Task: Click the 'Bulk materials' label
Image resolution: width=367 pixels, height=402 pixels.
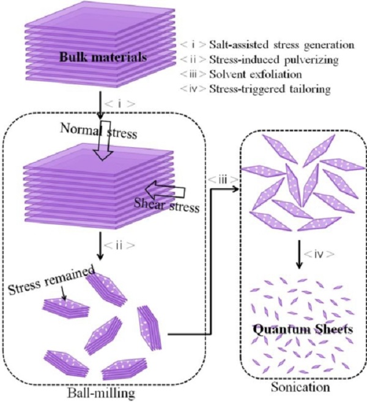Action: coord(103,57)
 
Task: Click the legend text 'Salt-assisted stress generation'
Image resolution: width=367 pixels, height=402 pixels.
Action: coord(282,45)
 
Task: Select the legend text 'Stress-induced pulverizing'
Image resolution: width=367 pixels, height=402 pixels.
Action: coord(274,60)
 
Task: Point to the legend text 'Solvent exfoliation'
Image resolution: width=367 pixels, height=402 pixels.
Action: coord(256,75)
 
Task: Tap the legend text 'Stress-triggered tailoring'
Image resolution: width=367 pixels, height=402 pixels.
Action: coord(270,89)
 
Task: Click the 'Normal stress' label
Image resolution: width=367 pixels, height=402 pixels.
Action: coord(98,131)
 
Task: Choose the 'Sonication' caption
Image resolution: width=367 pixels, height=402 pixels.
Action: coord(300,387)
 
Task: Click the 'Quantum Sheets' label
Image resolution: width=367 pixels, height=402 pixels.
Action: coord(303,329)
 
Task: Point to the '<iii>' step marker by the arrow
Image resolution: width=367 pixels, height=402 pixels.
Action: coord(222,180)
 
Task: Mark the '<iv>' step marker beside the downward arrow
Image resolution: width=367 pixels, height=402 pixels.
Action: coord(319,254)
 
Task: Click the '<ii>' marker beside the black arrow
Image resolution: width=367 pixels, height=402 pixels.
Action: coord(119,246)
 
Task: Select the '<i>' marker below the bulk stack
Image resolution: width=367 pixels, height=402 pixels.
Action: coord(120,104)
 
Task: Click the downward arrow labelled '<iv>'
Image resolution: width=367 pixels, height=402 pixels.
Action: coord(298,254)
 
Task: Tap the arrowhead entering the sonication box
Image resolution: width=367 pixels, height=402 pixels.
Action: coord(236,189)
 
